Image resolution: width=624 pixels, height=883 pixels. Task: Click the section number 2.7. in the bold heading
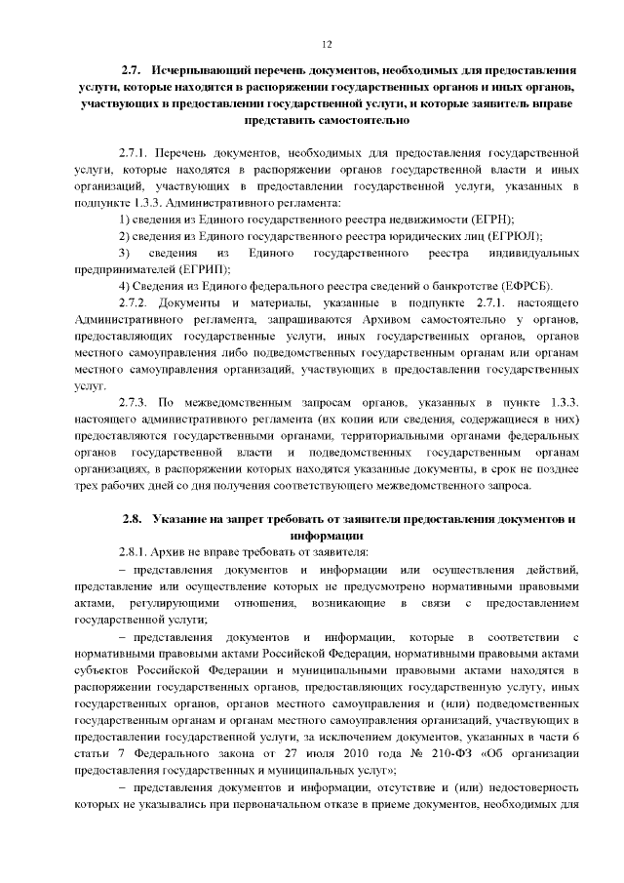133,72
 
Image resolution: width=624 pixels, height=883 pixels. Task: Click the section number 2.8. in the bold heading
133,519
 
